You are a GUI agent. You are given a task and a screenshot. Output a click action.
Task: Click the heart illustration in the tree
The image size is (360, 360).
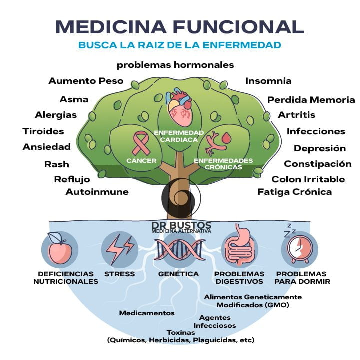tap(179, 108)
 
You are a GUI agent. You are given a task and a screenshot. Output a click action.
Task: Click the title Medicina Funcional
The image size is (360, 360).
tap(179, 26)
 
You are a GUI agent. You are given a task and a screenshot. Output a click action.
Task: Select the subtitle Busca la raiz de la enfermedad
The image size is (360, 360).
tap(179, 45)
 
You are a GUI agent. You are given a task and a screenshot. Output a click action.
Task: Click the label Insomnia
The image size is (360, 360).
tap(268, 81)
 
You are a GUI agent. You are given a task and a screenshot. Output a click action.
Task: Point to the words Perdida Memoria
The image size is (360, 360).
tap(311, 100)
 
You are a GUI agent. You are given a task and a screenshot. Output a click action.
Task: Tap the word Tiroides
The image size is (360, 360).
tap(43, 131)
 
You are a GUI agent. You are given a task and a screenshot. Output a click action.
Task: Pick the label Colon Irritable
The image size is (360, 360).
tap(308, 179)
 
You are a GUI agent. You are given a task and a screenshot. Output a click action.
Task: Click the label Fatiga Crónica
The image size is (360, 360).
tap(294, 192)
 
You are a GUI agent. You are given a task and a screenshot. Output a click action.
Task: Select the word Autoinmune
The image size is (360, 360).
tap(97, 192)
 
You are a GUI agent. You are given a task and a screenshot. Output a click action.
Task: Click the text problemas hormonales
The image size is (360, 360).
tap(175, 65)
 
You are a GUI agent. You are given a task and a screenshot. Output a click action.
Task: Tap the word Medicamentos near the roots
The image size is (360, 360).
tap(147, 313)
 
